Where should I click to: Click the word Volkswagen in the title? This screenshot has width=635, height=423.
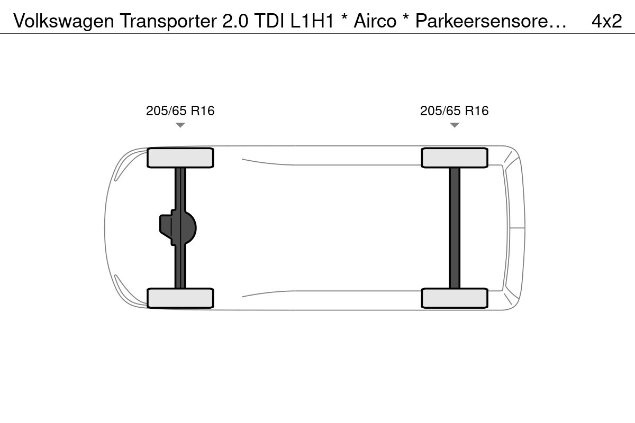point(63,21)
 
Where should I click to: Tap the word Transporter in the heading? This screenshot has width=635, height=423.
point(168,21)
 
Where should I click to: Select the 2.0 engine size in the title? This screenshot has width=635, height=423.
point(235,21)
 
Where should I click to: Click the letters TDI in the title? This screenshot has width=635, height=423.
point(269,21)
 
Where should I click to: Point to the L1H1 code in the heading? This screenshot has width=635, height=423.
point(312,21)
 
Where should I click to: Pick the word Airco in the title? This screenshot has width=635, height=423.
point(375,21)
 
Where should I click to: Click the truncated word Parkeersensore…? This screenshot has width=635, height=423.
point(491,21)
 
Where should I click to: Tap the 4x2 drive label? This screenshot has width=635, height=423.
point(606,21)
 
